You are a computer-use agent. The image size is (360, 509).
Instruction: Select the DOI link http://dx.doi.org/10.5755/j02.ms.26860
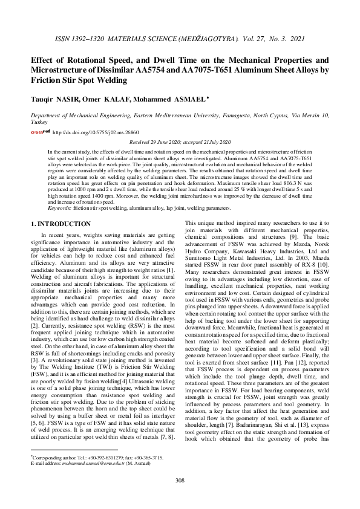coord(87,131)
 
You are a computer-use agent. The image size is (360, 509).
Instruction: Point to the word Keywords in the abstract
coord(59,207)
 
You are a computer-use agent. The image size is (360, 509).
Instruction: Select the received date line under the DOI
coord(180,141)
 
